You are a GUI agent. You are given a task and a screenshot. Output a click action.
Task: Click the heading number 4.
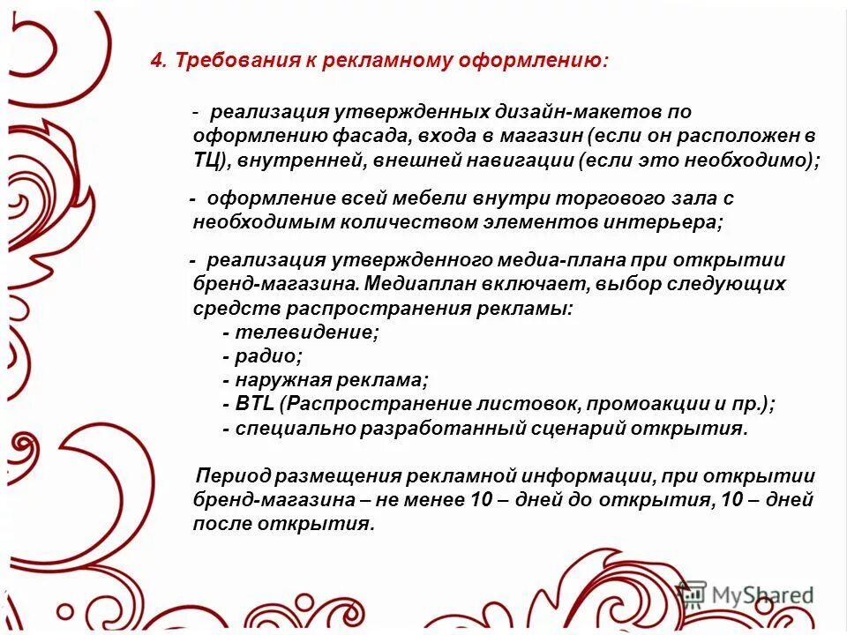156,61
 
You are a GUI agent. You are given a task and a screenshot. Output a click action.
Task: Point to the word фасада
370,137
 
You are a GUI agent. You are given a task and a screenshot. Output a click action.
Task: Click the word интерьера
663,222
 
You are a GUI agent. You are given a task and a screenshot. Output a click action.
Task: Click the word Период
233,476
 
